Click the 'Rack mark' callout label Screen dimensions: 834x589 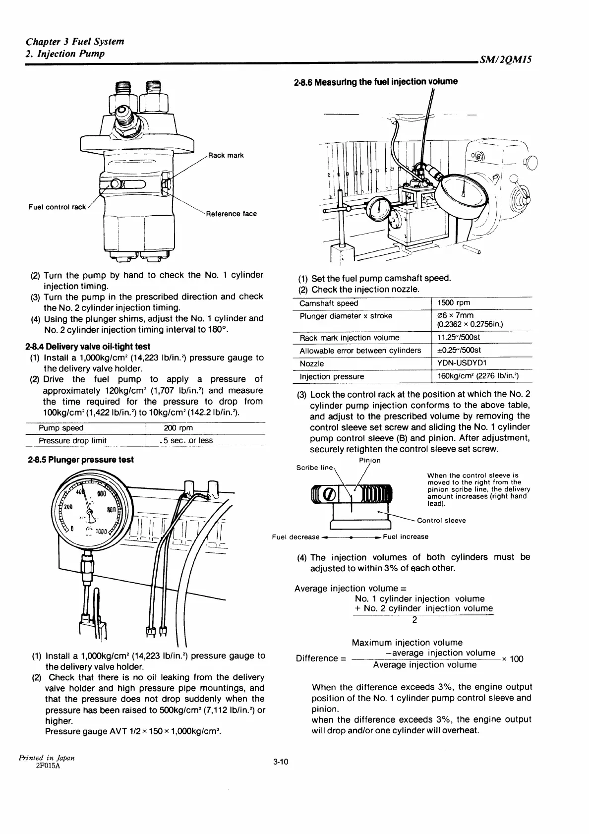(226, 155)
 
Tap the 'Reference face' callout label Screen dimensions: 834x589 (232, 214)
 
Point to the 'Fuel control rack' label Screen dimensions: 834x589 (57, 207)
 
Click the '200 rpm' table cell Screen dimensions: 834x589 (178, 428)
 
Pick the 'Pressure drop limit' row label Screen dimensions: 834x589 (72, 440)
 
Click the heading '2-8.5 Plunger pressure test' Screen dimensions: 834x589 (81, 460)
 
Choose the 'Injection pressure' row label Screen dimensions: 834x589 (332, 376)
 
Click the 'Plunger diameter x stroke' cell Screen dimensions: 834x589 (346, 316)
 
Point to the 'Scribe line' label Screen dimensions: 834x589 (315, 468)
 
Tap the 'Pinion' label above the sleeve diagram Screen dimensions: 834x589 (369, 460)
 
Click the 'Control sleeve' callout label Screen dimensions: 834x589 (441, 520)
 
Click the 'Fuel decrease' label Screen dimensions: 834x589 (296, 537)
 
